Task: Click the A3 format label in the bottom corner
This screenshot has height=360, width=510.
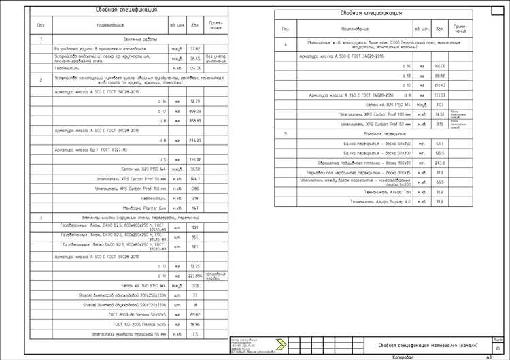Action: point(488,357)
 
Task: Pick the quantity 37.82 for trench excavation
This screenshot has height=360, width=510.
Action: point(195,49)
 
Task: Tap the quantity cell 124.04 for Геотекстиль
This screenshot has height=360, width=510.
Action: point(195,68)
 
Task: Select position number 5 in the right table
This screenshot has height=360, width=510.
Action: point(286,135)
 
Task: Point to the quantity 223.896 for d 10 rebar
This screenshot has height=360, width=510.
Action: point(195,276)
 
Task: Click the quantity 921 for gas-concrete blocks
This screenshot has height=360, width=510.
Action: point(195,227)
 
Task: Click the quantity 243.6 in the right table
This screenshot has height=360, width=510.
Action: point(439,163)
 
